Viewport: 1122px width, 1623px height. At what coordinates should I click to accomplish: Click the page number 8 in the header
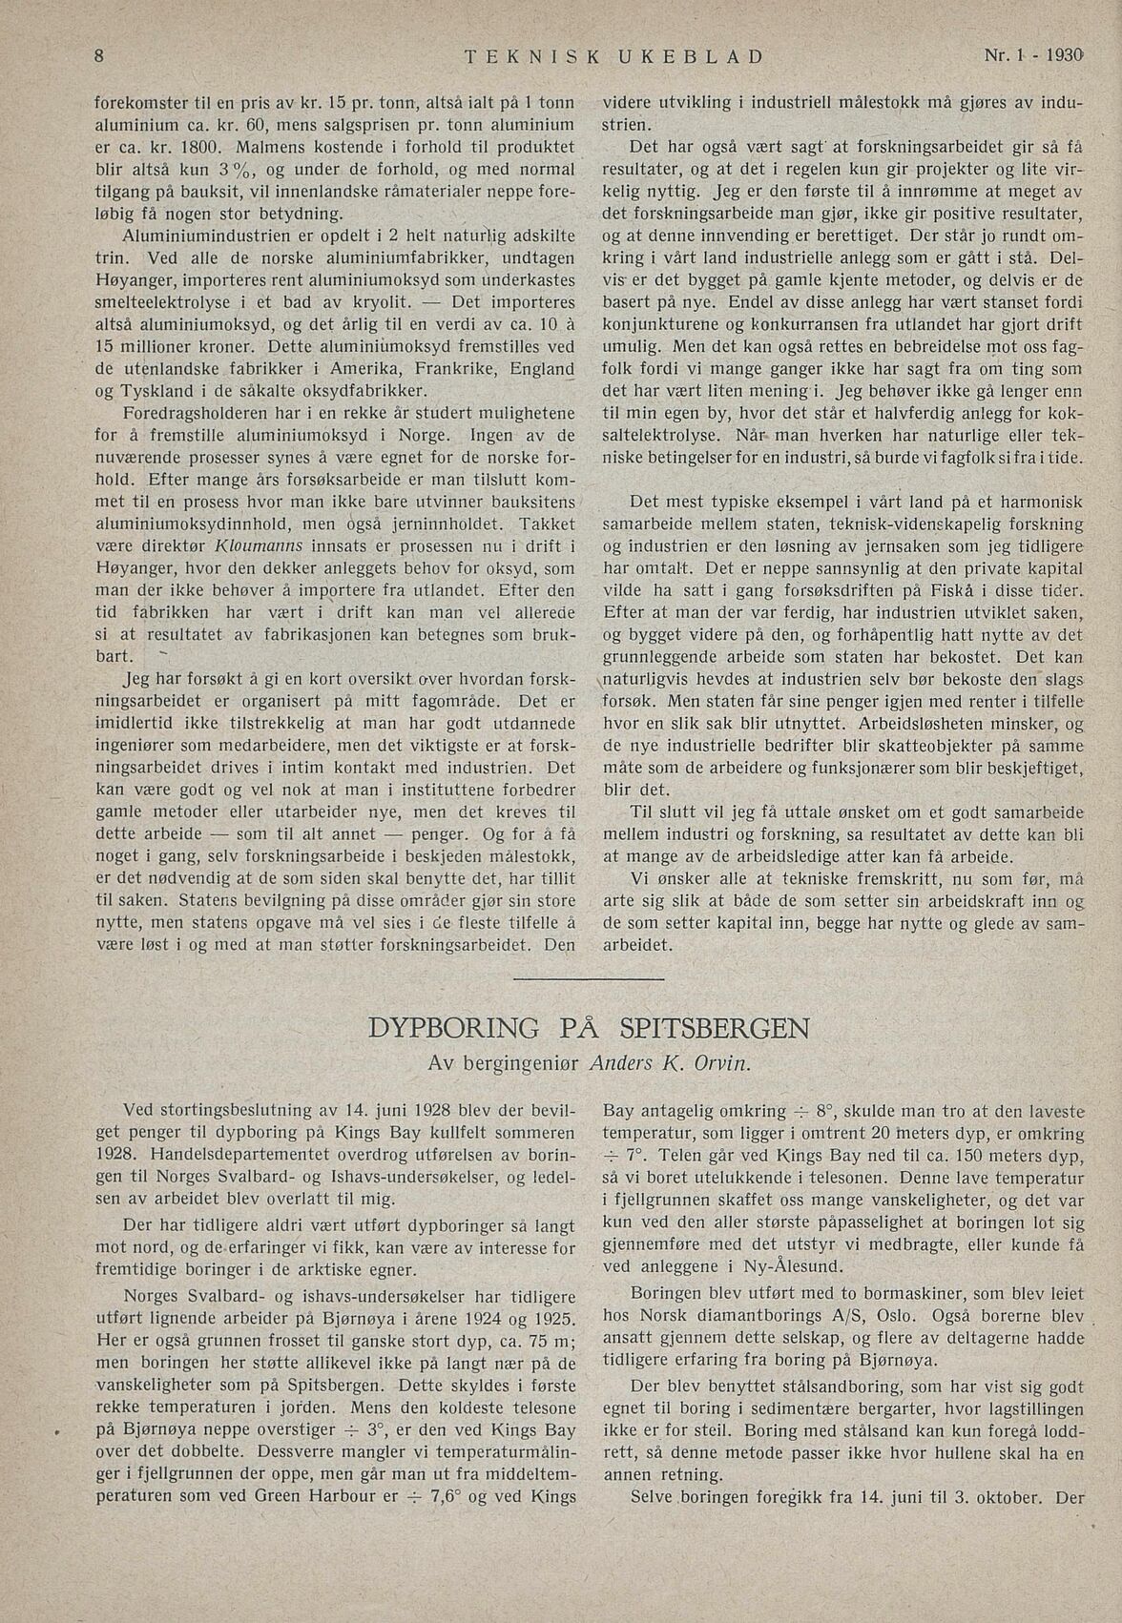pos(99,55)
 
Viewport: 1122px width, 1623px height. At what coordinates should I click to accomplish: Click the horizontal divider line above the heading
pos(588,977)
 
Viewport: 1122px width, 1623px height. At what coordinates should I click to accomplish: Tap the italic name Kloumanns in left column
pos(260,545)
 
